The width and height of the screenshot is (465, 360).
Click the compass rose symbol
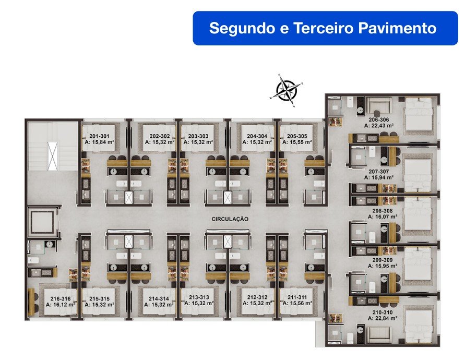[x=287, y=90]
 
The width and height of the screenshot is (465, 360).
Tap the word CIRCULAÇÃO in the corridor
[x=230, y=219]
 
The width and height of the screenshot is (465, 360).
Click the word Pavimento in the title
[x=397, y=28]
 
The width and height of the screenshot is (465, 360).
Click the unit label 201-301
[x=99, y=136]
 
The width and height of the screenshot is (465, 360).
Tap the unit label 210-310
[x=383, y=312]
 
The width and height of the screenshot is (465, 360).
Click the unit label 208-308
[x=383, y=211]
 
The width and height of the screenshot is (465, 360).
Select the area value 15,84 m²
[x=103, y=142]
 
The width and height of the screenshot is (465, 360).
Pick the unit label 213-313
[x=199, y=297]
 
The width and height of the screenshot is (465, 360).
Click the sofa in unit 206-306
[x=379, y=104]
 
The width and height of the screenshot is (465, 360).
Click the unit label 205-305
[x=297, y=136]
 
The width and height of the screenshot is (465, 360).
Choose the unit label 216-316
[x=60, y=299]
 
